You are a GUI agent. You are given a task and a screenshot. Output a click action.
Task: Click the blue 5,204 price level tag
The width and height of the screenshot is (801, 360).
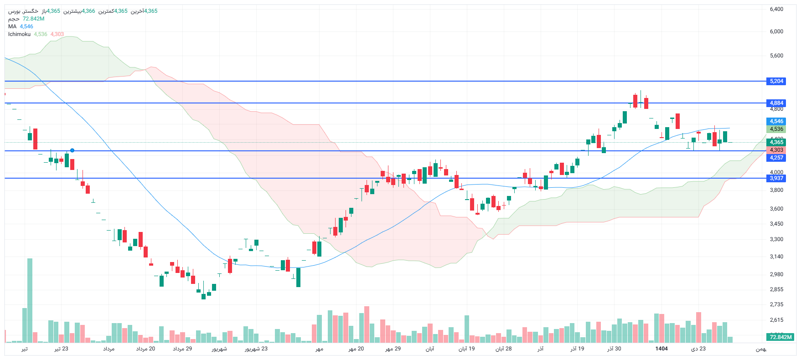[776, 81]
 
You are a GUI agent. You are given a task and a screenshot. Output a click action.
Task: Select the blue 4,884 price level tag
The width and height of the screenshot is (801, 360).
[776, 103]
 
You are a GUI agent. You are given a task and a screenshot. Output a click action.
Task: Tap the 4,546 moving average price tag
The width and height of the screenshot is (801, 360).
[776, 121]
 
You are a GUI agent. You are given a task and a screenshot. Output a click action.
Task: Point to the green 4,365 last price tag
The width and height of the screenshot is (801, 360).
[776, 142]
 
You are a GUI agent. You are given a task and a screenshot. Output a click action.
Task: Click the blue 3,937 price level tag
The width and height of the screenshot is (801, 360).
[776, 178]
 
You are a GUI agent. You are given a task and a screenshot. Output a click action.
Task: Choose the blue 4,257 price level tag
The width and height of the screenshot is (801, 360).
[776, 158]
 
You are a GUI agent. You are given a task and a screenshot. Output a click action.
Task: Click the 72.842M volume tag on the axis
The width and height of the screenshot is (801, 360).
[780, 337]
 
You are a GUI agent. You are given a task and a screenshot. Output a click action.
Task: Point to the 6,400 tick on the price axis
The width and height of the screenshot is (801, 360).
[776, 9]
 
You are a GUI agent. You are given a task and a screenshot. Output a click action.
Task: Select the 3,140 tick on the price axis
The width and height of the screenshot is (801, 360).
[776, 257]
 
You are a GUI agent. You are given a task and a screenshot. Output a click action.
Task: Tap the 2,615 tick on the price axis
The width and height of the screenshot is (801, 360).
[776, 320]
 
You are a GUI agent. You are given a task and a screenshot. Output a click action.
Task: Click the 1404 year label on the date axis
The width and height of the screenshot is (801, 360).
[661, 349]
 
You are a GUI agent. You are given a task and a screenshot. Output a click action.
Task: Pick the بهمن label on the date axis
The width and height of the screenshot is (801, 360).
[761, 349]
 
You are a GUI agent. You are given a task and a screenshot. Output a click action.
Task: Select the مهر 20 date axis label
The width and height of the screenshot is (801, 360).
[356, 349]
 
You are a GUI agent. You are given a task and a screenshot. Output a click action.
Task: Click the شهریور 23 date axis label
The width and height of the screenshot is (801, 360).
[256, 349]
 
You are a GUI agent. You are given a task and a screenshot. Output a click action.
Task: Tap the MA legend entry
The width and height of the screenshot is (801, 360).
[12, 26]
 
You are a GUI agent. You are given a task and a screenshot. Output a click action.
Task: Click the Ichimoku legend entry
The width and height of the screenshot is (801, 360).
[19, 34]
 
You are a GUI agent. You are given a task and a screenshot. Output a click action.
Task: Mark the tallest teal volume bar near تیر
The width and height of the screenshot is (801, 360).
[30, 301]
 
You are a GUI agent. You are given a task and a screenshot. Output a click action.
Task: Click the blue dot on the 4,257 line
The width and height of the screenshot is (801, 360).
[72, 150]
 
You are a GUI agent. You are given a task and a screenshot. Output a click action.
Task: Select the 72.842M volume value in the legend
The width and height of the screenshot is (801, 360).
[33, 19]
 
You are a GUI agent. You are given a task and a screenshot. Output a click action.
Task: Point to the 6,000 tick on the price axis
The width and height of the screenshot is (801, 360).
[776, 31]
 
